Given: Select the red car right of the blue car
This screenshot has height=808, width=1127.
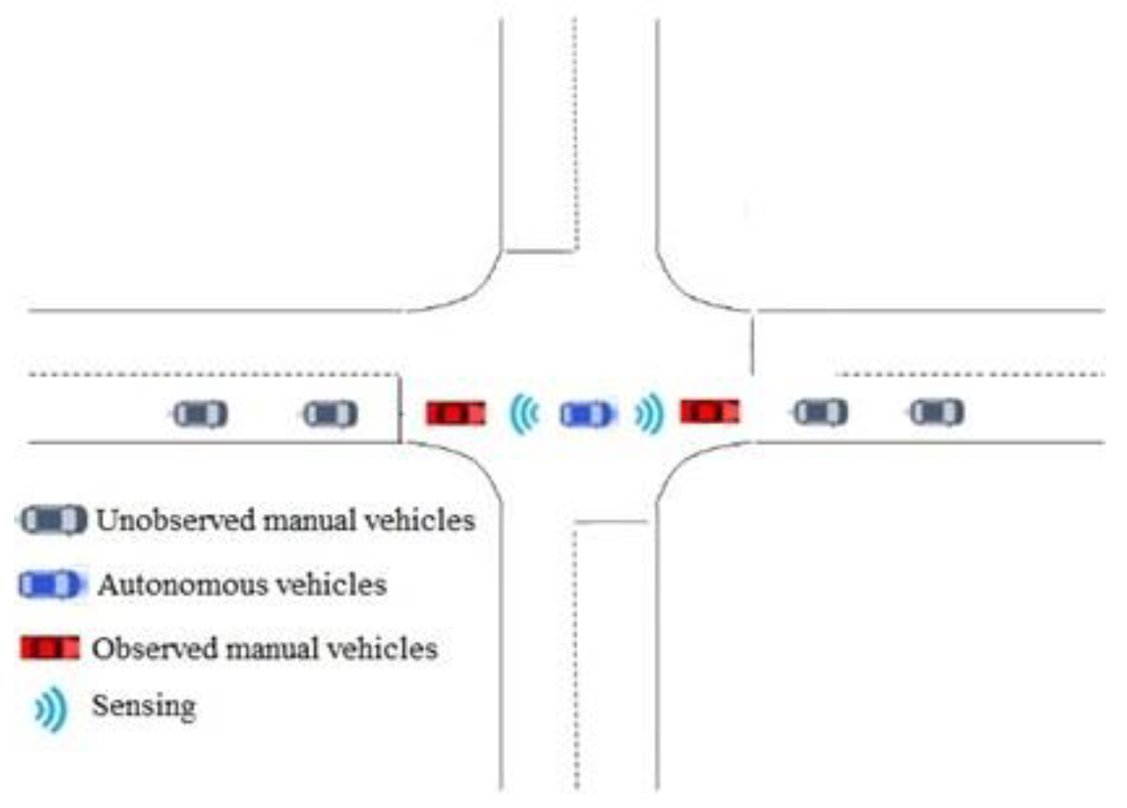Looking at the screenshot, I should [x=710, y=411].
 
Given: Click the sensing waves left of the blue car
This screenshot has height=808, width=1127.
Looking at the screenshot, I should [x=524, y=414].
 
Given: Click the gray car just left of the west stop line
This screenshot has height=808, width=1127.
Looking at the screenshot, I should [x=331, y=414].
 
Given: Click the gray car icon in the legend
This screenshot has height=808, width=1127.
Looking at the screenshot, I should [x=53, y=520].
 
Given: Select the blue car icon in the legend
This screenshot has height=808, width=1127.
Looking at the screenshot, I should [x=50, y=584].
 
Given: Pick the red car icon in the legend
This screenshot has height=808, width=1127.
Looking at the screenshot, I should [x=50, y=648].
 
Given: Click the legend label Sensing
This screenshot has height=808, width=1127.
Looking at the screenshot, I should [x=144, y=706].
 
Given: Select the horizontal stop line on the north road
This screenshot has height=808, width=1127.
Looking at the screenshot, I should [x=540, y=252].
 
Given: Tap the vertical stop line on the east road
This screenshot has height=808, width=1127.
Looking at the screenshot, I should [x=753, y=345].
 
